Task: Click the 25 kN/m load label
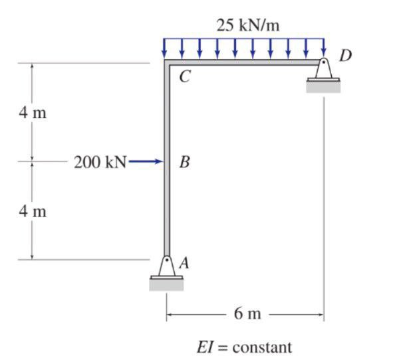point(247,26)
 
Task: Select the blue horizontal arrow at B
point(147,161)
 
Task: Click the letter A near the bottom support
point(184,263)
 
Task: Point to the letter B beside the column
point(185,161)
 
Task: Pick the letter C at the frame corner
point(185,78)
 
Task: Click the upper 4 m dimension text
point(33,112)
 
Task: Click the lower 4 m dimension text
point(33,212)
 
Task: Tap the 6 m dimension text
point(247,313)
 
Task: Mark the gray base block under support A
point(166,284)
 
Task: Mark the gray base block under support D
point(323,87)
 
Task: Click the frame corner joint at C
point(166,62)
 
